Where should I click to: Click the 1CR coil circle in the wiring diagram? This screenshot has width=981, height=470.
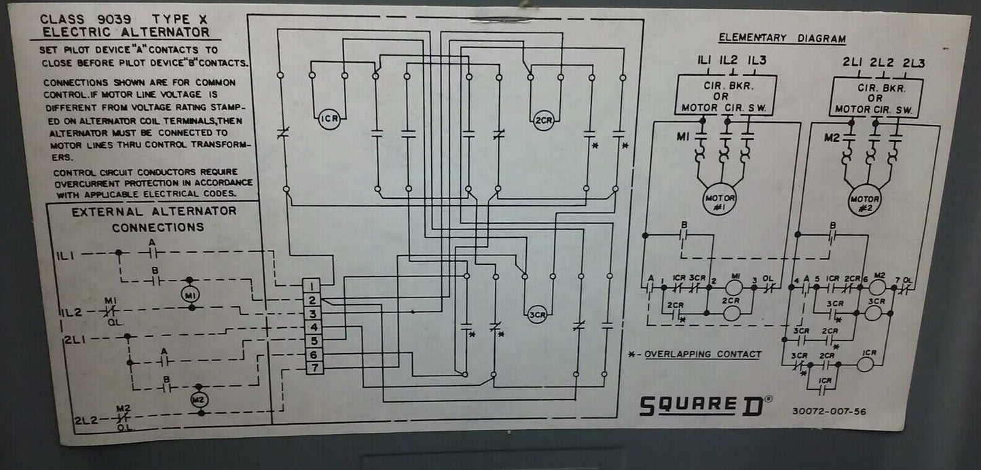pyautogui.click(x=329, y=120)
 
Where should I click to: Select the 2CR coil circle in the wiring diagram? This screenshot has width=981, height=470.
pyautogui.click(x=543, y=120)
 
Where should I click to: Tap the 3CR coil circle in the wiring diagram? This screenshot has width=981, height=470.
pyautogui.click(x=537, y=314)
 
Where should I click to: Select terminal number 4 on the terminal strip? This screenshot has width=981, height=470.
pyautogui.click(x=312, y=327)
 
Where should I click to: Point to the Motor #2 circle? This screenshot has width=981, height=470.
pyautogui.click(x=864, y=201)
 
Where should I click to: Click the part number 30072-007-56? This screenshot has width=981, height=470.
pyautogui.click(x=828, y=411)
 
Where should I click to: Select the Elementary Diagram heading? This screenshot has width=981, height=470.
pyautogui.click(x=782, y=39)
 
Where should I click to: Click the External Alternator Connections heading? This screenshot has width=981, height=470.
pyautogui.click(x=155, y=219)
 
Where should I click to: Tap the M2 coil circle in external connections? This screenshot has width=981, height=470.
pyautogui.click(x=198, y=399)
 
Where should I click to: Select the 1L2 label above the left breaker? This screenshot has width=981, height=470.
pyautogui.click(x=728, y=61)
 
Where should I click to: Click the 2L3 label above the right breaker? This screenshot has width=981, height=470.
pyautogui.click(x=913, y=63)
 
